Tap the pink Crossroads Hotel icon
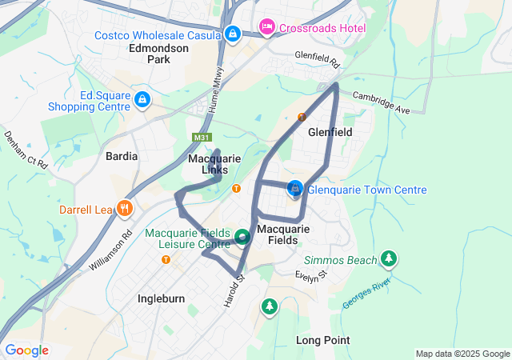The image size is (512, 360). [x=267, y=28]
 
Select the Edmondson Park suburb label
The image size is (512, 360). [x=158, y=54]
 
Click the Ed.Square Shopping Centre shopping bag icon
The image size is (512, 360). [x=142, y=99]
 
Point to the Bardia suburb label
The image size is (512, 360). [x=122, y=156]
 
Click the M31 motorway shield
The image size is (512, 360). [x=202, y=138]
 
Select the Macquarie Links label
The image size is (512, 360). [x=214, y=164]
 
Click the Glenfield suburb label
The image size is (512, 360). [x=330, y=134]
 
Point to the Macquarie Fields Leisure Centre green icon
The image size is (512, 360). [x=242, y=237]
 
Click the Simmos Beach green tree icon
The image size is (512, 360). [x=389, y=258]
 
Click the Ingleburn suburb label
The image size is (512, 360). [x=161, y=298]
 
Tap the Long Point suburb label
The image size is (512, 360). [x=322, y=340]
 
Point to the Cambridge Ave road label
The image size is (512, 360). [x=382, y=103]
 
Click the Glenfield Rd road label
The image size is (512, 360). [x=317, y=60]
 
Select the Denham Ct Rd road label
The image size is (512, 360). [x=26, y=150]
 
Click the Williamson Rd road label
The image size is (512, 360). [x=110, y=250]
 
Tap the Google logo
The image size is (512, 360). [x=26, y=350]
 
